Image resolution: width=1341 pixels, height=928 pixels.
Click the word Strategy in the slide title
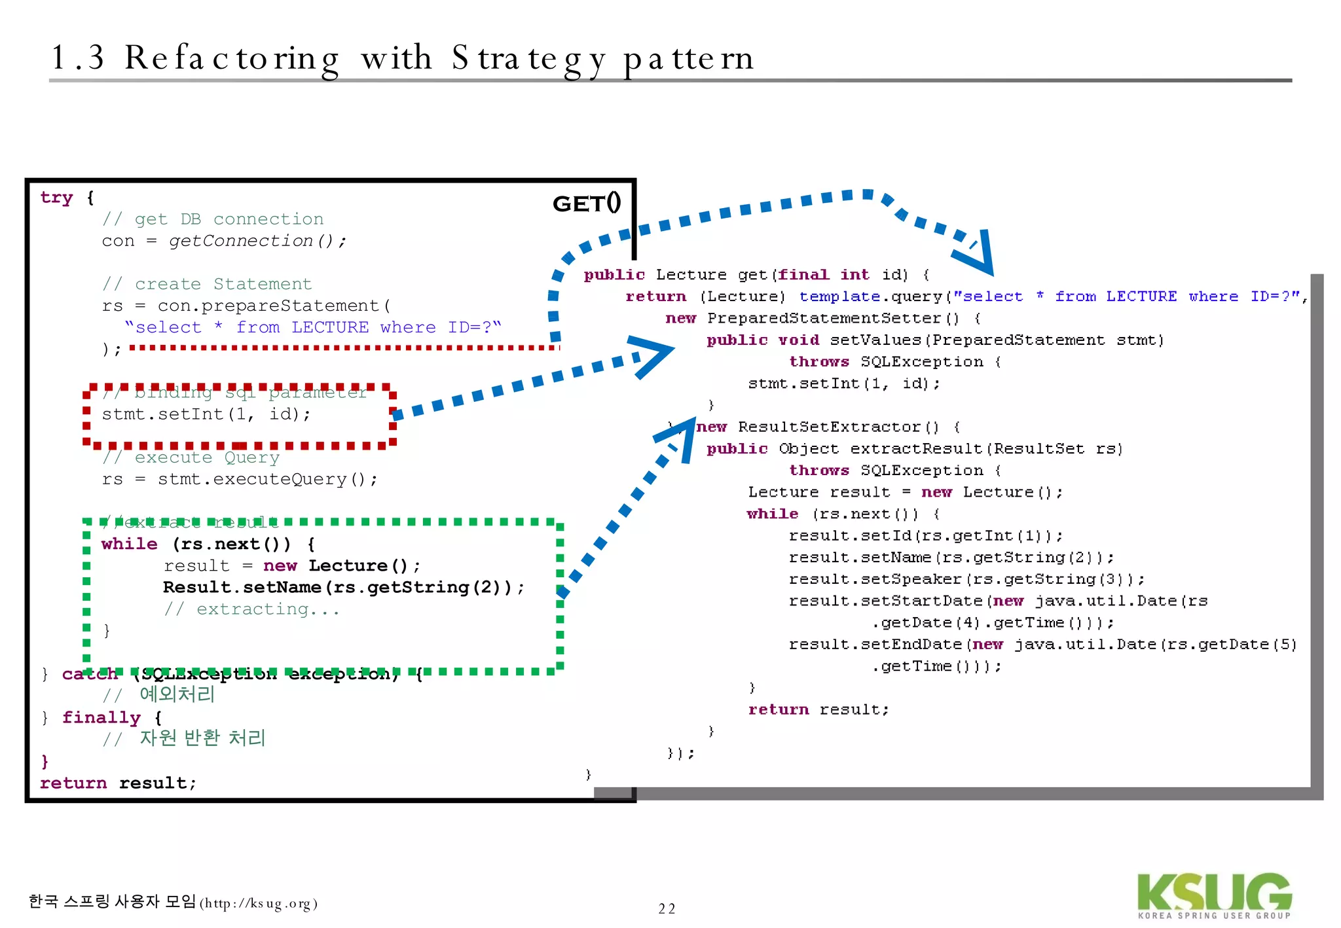point(528,59)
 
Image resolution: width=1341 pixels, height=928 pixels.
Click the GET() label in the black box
point(587,204)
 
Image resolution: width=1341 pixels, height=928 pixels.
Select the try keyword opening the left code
point(56,198)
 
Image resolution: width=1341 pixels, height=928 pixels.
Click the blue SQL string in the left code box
point(312,327)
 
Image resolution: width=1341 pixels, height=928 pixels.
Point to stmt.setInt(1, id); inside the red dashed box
point(206,414)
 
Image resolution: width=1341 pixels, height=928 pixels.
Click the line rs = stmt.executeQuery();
point(240,480)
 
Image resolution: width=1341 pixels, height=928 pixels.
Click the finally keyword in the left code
point(101,718)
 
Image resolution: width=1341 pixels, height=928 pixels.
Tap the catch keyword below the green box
point(89,674)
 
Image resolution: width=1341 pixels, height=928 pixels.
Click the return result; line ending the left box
point(118,783)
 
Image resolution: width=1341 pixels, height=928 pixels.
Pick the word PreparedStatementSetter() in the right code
point(833,319)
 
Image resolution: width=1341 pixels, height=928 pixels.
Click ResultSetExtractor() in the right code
point(838,427)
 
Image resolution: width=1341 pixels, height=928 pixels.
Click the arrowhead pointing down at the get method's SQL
point(978,257)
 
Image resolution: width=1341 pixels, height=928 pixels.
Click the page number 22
point(667,908)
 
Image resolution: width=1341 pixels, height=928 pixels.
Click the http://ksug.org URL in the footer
point(259,904)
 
